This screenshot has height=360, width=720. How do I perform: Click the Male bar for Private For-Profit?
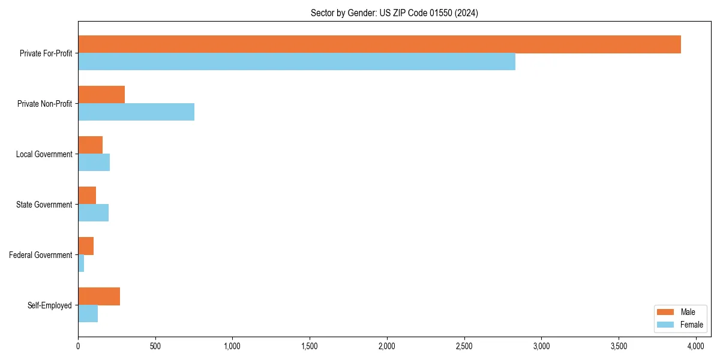pos(379,44)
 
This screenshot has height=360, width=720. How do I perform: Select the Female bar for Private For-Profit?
pos(296,62)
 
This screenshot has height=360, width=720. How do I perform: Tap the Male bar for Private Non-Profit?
pos(101,95)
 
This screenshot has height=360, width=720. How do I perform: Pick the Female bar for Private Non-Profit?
pos(136,112)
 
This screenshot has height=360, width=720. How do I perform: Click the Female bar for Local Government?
pos(94,163)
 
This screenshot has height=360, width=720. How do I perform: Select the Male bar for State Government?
pos(87,196)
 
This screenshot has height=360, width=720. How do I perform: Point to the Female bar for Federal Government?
pos(81,263)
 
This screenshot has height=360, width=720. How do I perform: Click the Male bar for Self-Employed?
pos(99,296)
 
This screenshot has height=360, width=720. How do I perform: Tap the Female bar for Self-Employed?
pos(88,314)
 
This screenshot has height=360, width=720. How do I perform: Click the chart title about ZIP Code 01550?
pos(394,13)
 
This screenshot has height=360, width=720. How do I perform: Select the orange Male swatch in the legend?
pos(666,312)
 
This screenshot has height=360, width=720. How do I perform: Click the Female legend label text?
pos(691,325)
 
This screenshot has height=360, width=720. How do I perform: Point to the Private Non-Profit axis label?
pos(44,104)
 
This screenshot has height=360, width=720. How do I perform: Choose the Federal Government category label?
pos(41,255)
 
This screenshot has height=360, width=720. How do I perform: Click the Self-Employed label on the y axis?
pos(50,305)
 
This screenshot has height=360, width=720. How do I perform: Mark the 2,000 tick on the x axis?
pos(387,346)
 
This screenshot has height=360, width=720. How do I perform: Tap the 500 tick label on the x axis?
pos(155,346)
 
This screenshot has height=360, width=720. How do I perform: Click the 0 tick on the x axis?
pos(78,346)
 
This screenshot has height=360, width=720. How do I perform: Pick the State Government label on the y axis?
pos(44,205)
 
